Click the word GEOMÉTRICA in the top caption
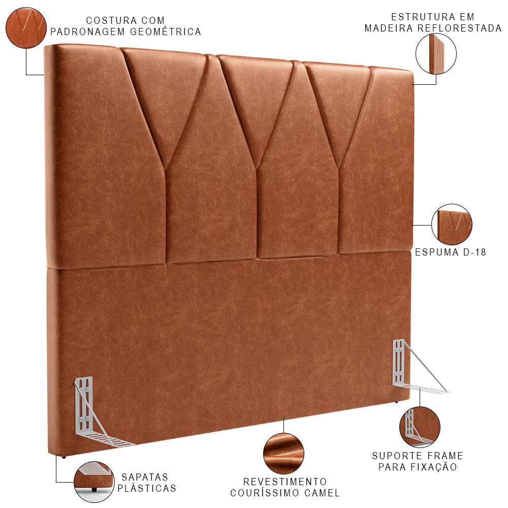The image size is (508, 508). (166, 31)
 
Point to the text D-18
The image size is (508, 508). (474, 252)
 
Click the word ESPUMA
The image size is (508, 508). (437, 252)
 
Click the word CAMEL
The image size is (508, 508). (322, 493)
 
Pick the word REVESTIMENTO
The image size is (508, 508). (285, 482)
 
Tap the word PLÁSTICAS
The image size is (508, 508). (147, 488)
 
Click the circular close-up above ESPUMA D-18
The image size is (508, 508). (452, 225)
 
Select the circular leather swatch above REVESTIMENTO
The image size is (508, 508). (284, 454)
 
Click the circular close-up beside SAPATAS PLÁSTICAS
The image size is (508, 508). (94, 482)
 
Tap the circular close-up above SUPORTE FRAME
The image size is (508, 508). (420, 427)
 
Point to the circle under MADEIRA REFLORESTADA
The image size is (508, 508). (436, 54)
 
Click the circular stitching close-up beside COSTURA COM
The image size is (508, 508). (26, 28)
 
